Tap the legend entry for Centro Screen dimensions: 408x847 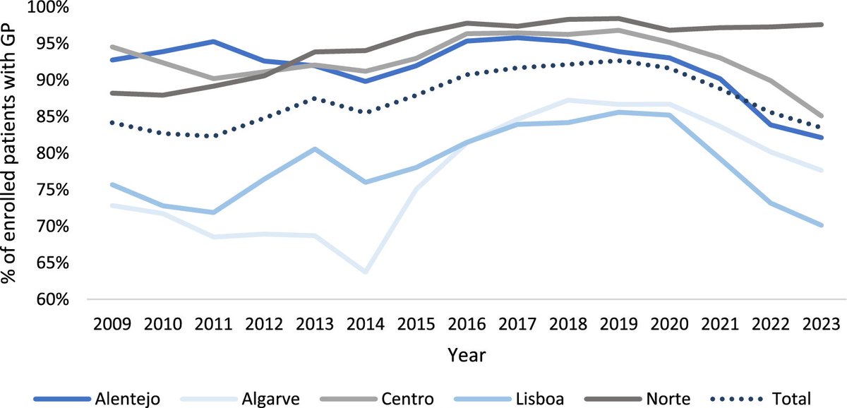pyautogui.click(x=407, y=397)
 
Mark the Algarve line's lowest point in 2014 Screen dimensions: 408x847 pyautogui.click(x=366, y=272)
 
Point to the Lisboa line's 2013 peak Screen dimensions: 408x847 pyautogui.click(x=314, y=149)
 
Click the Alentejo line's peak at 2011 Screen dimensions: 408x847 pyautogui.click(x=213, y=42)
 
